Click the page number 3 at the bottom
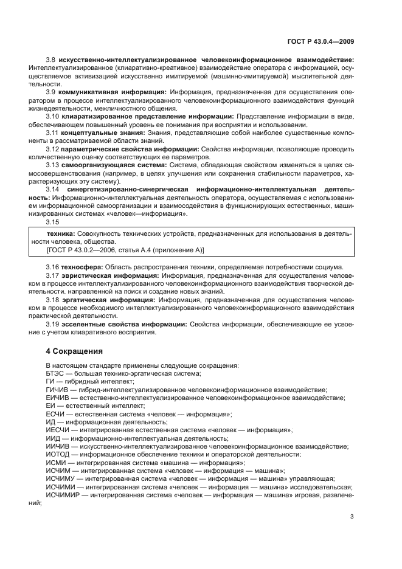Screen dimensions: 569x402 coord(352,517)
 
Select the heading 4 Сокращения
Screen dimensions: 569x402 coord(75,351)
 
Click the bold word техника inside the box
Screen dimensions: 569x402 coord(60,233)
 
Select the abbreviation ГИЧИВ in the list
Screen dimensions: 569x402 coord(58,390)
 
